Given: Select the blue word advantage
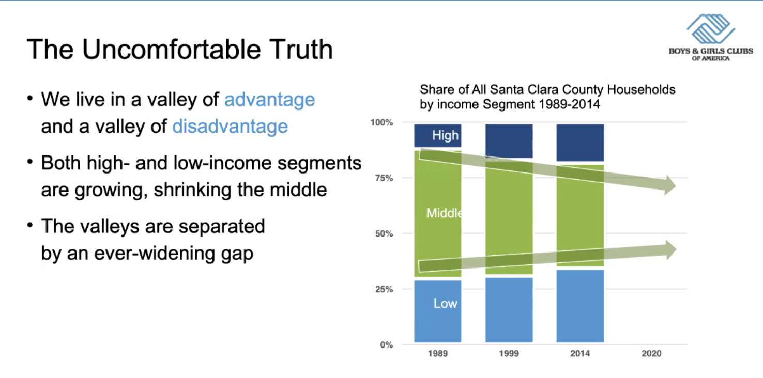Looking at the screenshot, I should [x=269, y=99].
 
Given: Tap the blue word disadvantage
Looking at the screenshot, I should [x=230, y=126].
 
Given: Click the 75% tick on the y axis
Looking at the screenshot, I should [x=384, y=178].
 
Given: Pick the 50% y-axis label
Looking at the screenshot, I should [x=384, y=233].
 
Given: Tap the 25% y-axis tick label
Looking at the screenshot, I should [x=384, y=289].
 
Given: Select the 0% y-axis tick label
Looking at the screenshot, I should [x=386, y=344].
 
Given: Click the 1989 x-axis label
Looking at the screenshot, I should [x=437, y=354].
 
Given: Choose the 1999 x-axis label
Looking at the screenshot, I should [x=509, y=354].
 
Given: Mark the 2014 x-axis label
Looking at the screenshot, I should [x=580, y=354].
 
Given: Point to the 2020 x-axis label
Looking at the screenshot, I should [x=651, y=354].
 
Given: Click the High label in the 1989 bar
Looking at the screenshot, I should [x=445, y=136].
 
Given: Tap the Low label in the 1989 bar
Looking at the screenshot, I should [x=445, y=303].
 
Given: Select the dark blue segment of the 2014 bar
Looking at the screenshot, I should [x=580, y=142].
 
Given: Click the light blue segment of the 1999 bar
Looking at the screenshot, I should [x=509, y=310].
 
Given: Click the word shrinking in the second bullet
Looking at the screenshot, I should [x=193, y=190].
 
